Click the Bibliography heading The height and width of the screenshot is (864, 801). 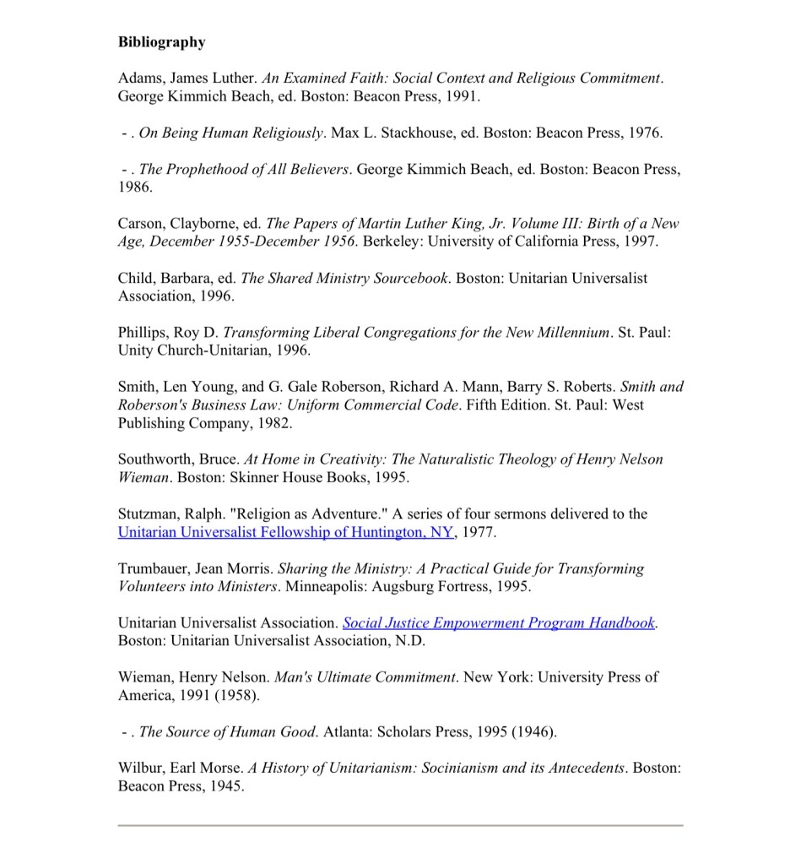pyautogui.click(x=161, y=41)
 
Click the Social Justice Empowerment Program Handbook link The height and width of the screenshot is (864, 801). pyautogui.click(x=499, y=622)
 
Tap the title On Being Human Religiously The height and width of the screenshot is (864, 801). pyautogui.click(x=231, y=133)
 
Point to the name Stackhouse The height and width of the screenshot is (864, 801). pyautogui.click(x=428, y=133)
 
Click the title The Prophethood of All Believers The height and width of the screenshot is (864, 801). pyautogui.click(x=244, y=169)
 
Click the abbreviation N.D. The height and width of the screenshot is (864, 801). pyautogui.click(x=409, y=641)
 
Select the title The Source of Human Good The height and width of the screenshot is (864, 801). pyautogui.click(x=227, y=731)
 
